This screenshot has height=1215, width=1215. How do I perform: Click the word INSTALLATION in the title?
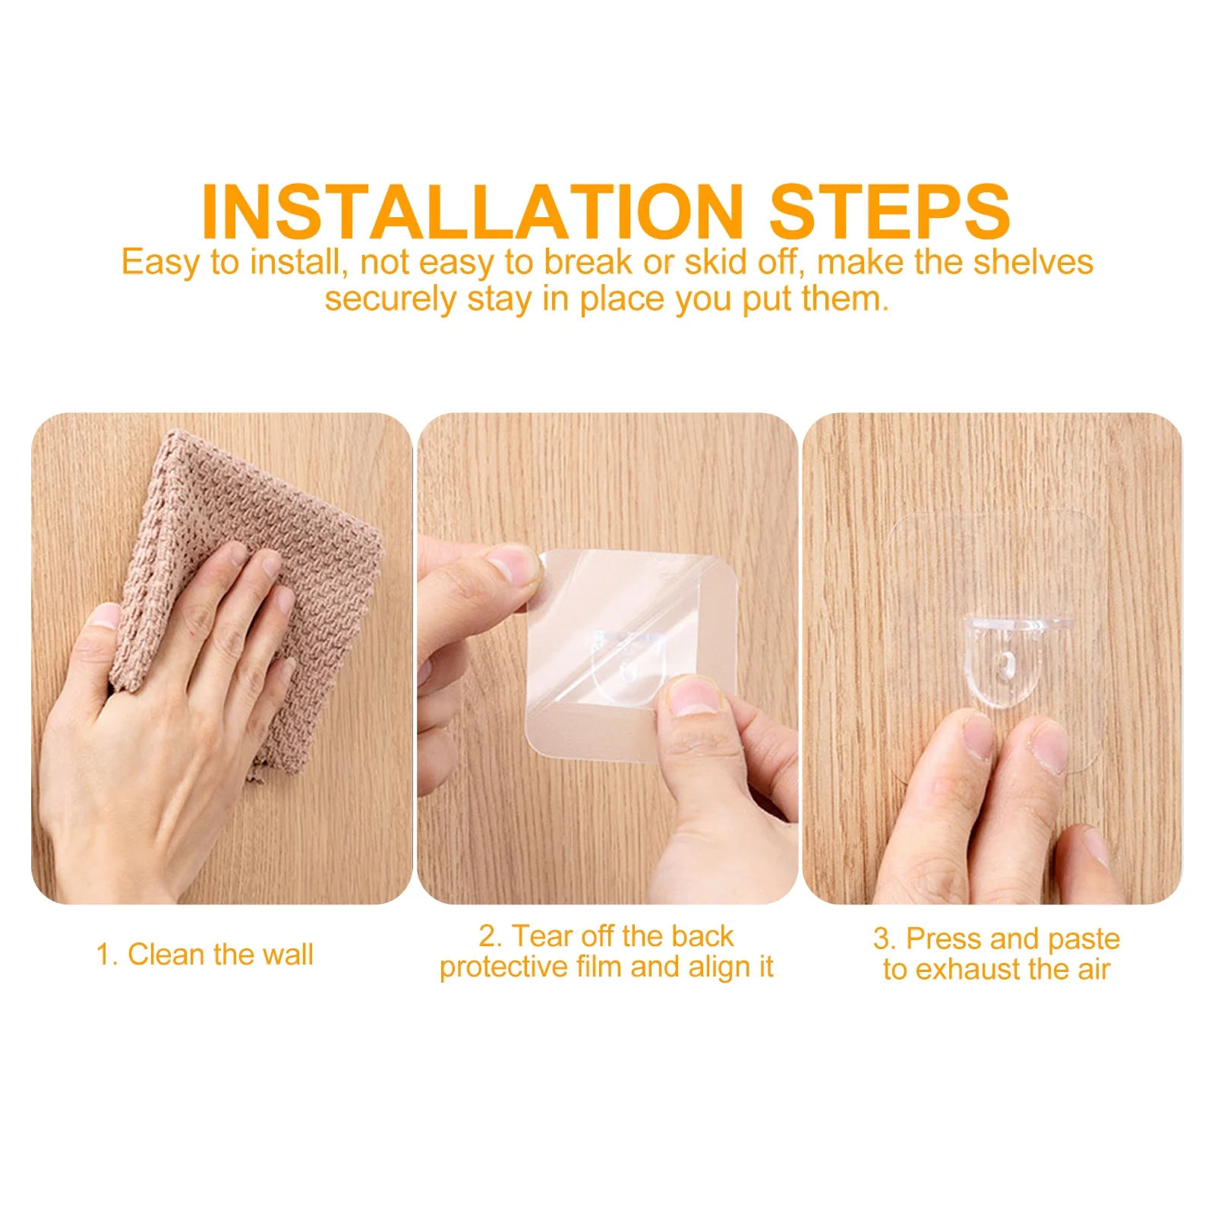coord(472,212)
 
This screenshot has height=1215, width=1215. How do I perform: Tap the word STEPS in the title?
coord(889,212)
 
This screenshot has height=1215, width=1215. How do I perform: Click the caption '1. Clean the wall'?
coord(204,955)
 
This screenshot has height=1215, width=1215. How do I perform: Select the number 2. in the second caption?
coord(491,936)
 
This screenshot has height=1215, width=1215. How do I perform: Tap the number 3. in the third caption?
coord(885,939)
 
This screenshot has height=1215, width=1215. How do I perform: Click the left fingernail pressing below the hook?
coord(978,735)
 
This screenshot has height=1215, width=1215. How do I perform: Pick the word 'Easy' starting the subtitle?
coord(160,263)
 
